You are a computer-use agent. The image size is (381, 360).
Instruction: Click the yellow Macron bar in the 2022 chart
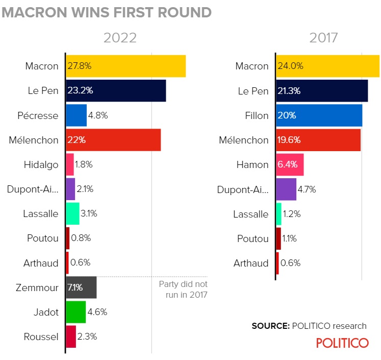(x=126, y=66)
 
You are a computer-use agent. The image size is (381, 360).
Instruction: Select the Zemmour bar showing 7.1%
(x=81, y=287)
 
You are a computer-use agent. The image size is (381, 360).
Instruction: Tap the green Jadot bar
(x=76, y=312)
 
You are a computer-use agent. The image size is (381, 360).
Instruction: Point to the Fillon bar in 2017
(x=319, y=115)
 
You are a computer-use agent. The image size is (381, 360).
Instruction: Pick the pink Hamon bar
(x=290, y=164)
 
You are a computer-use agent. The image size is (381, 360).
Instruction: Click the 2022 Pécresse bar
(x=77, y=115)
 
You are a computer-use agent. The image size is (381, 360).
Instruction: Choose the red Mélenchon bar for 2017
(x=318, y=140)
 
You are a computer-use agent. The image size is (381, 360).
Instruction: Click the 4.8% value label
(x=98, y=115)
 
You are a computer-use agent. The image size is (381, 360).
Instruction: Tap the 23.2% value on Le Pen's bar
(x=80, y=90)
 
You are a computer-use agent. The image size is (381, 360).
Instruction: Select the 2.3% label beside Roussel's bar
(x=87, y=337)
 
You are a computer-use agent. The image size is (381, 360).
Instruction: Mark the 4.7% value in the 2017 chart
(x=307, y=189)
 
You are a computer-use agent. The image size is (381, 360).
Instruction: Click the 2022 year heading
(x=120, y=38)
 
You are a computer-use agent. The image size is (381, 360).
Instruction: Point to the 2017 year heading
(x=324, y=38)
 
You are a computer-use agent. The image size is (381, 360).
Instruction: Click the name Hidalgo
(x=41, y=164)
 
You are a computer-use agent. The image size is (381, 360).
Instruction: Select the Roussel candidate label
(x=41, y=337)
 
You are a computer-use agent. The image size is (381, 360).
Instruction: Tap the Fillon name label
(x=257, y=115)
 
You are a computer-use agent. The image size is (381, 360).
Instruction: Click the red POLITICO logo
(x=342, y=343)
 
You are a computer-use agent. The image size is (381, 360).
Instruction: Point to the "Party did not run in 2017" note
(x=183, y=290)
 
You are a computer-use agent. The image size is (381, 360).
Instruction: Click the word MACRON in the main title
(x=34, y=12)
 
